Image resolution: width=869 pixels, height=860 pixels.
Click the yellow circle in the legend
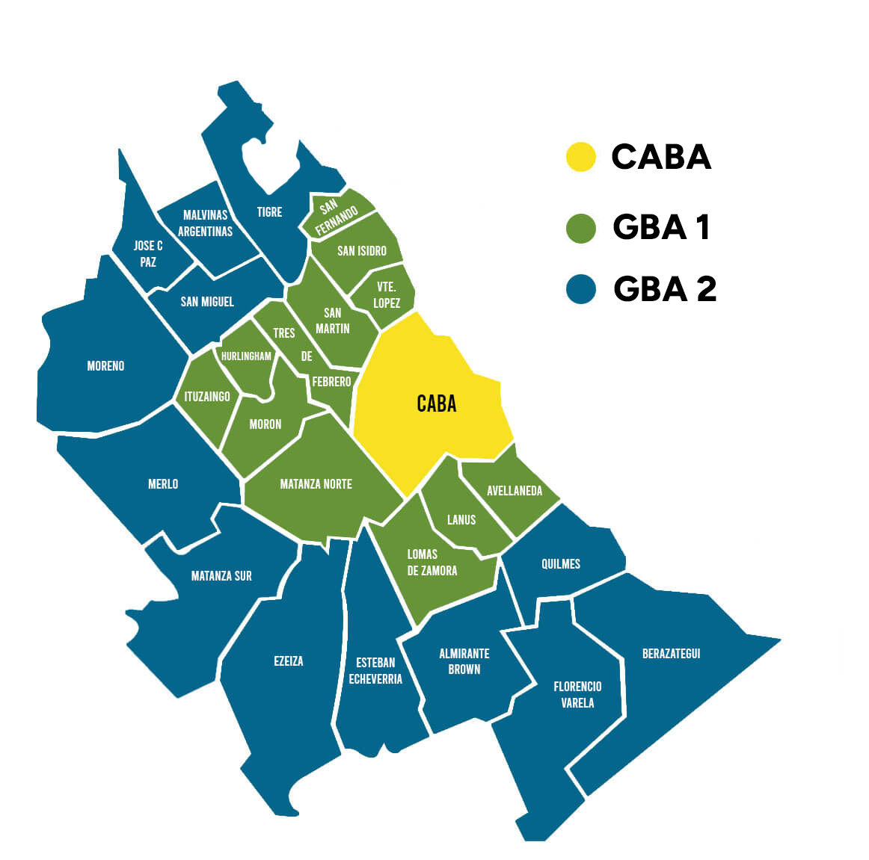click(580, 157)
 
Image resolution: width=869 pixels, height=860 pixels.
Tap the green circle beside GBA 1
click(581, 228)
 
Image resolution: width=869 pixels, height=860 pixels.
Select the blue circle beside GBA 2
click(581, 289)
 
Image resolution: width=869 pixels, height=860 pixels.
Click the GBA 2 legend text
click(665, 289)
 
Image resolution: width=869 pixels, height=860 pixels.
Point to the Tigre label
click(269, 212)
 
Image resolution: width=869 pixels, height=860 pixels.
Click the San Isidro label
click(362, 251)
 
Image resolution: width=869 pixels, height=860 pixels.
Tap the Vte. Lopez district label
click(387, 295)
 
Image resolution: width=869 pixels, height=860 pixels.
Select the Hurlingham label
click(246, 356)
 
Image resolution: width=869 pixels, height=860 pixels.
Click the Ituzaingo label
click(207, 397)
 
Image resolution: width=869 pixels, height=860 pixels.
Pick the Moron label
click(265, 424)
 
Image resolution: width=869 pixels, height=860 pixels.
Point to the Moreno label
click(105, 366)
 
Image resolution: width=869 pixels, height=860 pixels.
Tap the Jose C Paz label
click(148, 254)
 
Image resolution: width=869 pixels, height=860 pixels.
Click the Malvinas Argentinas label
click(205, 223)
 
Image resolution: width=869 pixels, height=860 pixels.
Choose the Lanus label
click(461, 520)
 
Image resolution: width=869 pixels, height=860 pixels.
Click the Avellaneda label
click(515, 491)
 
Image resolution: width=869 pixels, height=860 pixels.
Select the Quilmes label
click(561, 564)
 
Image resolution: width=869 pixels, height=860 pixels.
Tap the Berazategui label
click(672, 654)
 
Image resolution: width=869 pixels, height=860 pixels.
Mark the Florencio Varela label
click(577, 695)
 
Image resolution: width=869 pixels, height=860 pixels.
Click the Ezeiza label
click(289, 661)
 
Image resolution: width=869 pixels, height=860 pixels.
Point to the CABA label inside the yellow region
click(437, 404)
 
